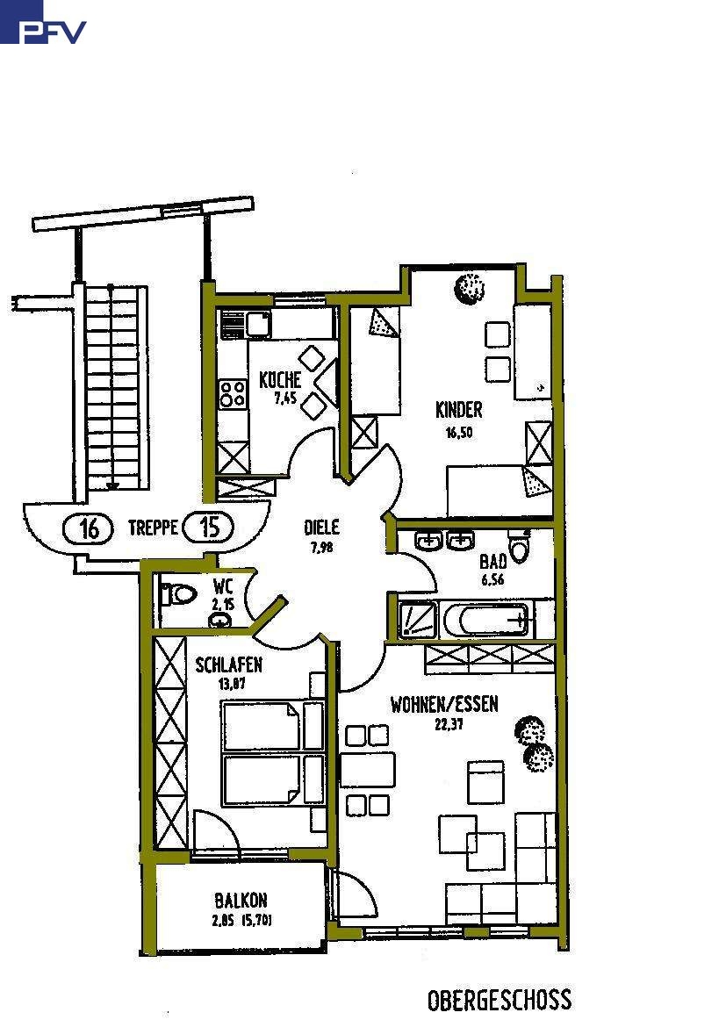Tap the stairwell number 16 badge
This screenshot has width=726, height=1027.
89,528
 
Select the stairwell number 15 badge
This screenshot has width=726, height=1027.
210,528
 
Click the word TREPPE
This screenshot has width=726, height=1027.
153,528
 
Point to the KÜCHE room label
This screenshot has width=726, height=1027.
280,380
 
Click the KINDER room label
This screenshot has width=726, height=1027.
458,410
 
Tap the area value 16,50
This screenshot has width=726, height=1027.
457,432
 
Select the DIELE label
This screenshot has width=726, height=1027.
321,528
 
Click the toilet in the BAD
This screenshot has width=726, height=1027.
521,549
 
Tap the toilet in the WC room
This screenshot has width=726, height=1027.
180,594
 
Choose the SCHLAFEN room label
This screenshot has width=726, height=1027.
228,664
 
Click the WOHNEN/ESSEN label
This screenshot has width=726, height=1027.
444,704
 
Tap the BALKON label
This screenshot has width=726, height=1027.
241,901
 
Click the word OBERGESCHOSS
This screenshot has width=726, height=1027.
499,1000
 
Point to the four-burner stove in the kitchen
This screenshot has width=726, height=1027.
233,392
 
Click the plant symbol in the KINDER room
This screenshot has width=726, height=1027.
470,287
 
